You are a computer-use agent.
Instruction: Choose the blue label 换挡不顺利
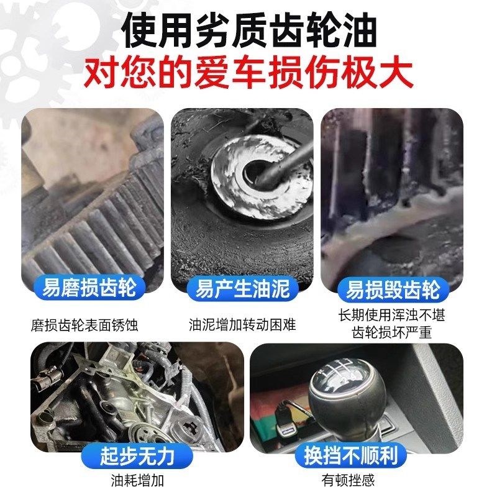[x=355, y=456]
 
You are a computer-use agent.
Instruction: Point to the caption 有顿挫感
[x=349, y=480]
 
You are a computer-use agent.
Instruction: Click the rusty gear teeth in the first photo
[x=93, y=230]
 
